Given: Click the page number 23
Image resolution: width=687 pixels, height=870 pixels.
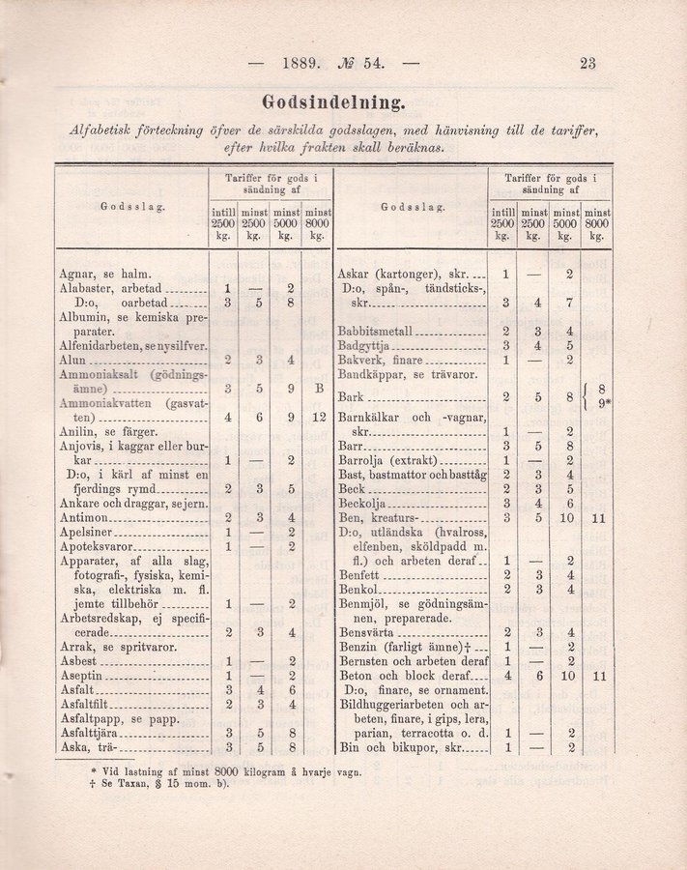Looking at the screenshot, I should [x=587, y=65].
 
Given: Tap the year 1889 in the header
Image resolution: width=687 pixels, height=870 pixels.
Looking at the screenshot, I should [x=301, y=65].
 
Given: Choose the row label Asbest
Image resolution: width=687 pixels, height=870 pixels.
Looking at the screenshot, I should [x=76, y=660].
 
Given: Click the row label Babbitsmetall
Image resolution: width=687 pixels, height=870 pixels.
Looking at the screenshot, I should [x=380, y=331].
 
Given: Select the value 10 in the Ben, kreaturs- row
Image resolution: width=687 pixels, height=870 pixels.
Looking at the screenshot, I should [x=570, y=518].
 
